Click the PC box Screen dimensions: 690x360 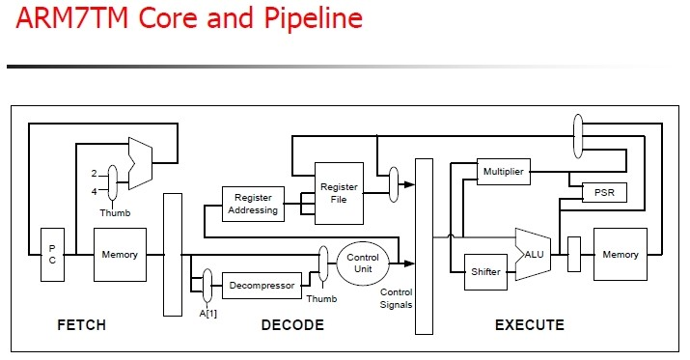[52, 255]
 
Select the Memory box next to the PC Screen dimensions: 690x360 [120, 255]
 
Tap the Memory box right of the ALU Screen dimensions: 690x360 [620, 254]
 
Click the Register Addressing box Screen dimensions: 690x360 [253, 204]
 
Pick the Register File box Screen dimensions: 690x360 [339, 193]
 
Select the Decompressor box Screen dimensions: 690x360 [262, 286]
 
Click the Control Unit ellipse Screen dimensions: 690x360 [363, 263]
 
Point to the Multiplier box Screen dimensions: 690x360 [504, 172]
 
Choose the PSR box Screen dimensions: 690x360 [604, 192]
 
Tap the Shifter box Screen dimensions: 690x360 [485, 272]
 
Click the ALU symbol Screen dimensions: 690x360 [533, 255]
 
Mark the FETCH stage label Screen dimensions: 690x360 [81, 325]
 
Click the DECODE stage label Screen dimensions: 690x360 [292, 325]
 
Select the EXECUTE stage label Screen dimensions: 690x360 [530, 325]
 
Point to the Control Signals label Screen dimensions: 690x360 [396, 298]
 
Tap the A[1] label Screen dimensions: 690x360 [208, 314]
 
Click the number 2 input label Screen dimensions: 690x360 [94, 174]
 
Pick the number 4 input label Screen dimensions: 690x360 [94, 191]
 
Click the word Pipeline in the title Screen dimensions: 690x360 [314, 18]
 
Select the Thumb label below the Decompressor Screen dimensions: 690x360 [321, 298]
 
